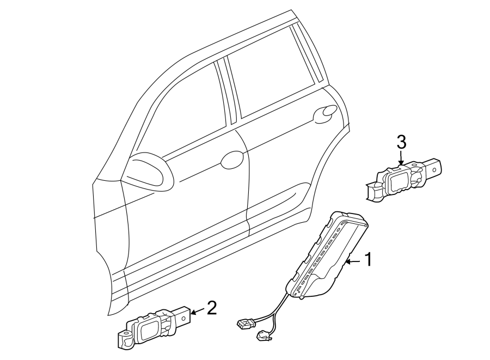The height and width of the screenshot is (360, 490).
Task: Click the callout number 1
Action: [x=368, y=260]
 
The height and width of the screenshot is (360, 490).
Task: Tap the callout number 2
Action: [x=211, y=308]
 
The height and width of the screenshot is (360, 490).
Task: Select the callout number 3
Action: [x=401, y=143]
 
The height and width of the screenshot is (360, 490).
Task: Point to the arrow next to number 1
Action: [x=352, y=262]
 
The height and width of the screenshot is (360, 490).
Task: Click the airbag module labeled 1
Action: [x=327, y=256]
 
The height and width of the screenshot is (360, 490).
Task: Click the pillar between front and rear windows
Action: [x=229, y=93]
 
